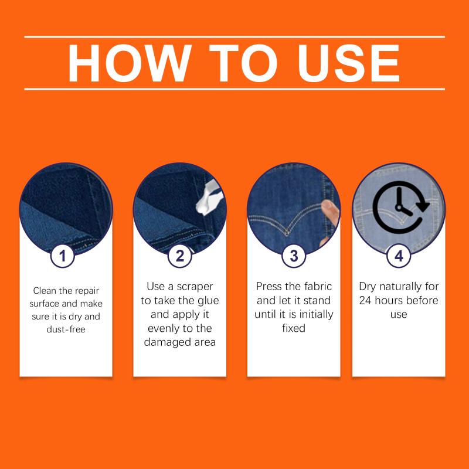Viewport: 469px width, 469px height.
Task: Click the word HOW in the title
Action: (130, 63)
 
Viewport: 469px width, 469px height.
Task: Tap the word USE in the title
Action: (348, 63)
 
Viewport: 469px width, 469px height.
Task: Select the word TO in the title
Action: (243, 63)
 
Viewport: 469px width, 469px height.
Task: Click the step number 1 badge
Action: (62, 256)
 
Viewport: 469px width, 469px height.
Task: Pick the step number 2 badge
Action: (180, 256)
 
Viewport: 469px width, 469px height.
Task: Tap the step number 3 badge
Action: (294, 256)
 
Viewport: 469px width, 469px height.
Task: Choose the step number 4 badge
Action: (399, 256)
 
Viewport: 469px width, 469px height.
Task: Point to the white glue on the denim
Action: (209, 198)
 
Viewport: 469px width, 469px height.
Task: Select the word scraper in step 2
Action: (195, 287)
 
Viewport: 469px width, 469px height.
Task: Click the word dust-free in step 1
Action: (66, 329)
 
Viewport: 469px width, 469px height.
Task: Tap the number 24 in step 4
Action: (365, 300)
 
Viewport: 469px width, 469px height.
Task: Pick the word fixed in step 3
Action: (294, 328)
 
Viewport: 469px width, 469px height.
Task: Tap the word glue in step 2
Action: (208, 301)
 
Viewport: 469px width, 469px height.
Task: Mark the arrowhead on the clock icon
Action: (423, 205)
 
